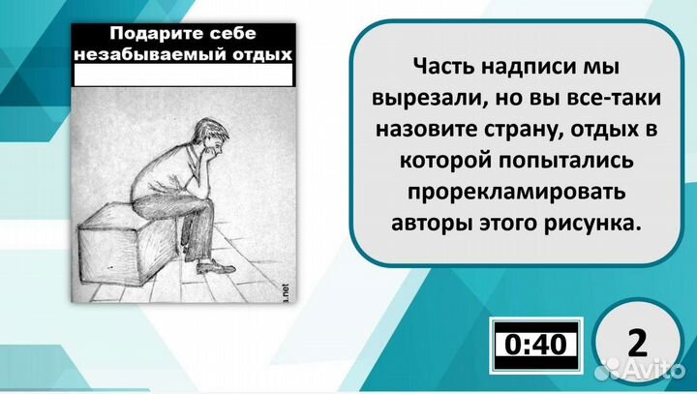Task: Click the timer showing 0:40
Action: click(x=534, y=344)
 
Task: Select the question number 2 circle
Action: click(x=637, y=344)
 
